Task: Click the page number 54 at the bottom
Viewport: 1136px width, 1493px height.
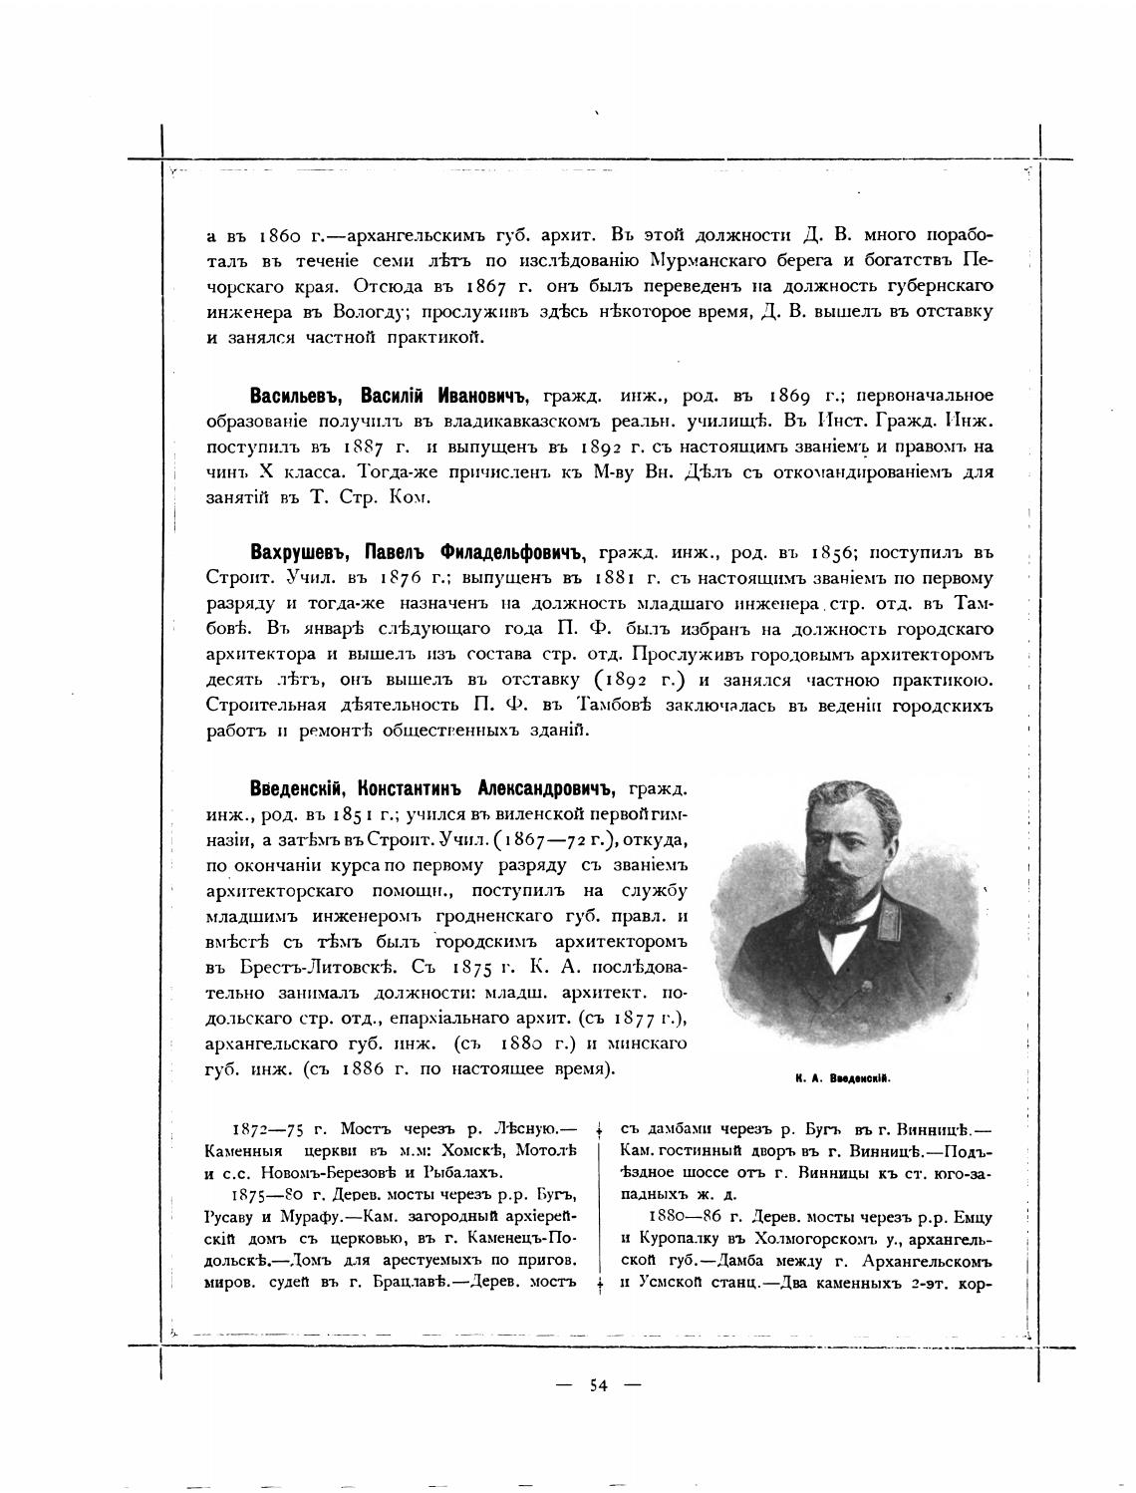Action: coord(598,1384)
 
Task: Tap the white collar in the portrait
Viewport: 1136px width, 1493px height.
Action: coord(849,924)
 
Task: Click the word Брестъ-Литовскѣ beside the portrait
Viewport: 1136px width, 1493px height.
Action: coord(303,968)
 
